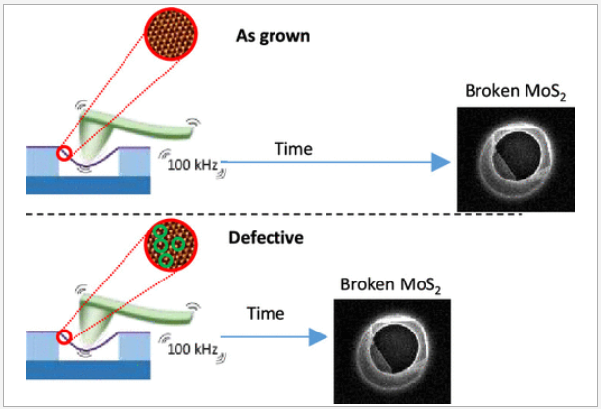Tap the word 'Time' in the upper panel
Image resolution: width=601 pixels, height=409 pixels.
[293, 149]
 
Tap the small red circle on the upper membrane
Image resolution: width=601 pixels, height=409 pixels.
[64, 152]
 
